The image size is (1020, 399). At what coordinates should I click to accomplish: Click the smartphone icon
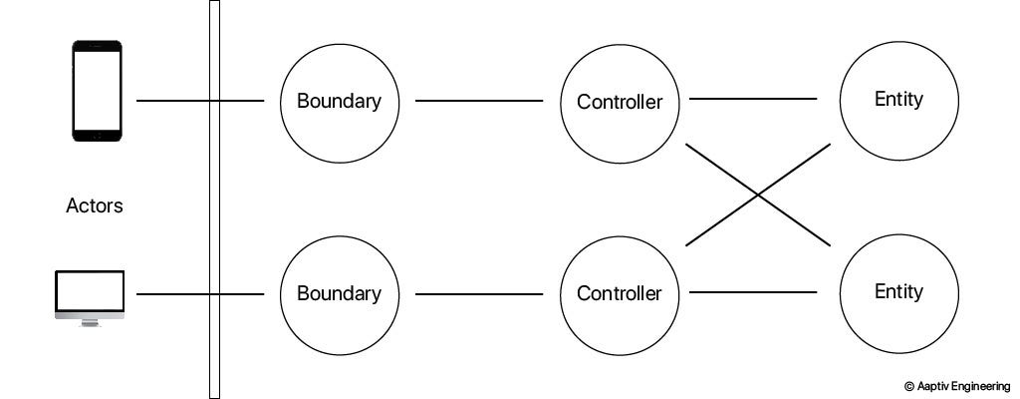click(x=97, y=91)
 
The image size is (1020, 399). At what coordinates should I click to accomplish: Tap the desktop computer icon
click(x=90, y=295)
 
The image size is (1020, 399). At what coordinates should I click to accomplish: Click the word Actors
click(x=95, y=206)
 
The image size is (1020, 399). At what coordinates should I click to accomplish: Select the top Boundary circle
click(x=339, y=101)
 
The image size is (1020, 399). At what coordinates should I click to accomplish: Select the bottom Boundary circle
click(x=339, y=293)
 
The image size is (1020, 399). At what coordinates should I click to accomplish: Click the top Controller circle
click(x=620, y=101)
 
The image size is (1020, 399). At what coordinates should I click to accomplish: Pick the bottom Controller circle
click(x=620, y=293)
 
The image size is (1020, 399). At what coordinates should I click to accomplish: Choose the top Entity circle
click(x=898, y=100)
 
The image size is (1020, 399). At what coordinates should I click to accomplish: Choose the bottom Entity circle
click(x=898, y=292)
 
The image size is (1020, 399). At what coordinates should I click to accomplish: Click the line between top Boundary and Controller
click(x=479, y=101)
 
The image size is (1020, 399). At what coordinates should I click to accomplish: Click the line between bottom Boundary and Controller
click(x=479, y=294)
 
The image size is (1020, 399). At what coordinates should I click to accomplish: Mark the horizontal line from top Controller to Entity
click(x=753, y=99)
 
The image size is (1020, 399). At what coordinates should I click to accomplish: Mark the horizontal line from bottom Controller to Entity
click(x=753, y=292)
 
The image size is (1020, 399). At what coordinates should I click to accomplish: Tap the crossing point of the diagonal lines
click(x=758, y=195)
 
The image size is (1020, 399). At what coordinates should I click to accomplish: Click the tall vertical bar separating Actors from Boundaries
click(x=214, y=199)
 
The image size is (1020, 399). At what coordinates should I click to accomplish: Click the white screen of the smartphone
click(x=97, y=90)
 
